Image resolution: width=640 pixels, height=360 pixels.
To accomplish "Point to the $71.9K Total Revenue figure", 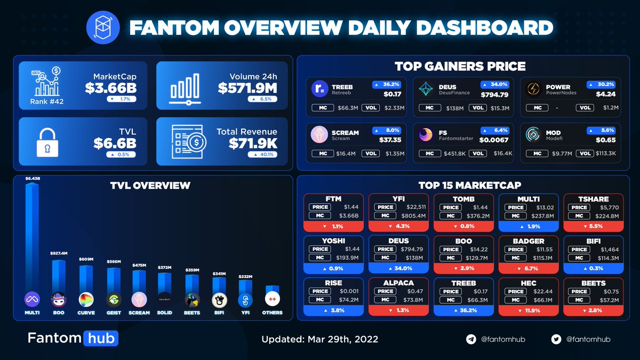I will click(x=253, y=143).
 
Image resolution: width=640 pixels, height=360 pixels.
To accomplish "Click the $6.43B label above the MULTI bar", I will click(x=33, y=179).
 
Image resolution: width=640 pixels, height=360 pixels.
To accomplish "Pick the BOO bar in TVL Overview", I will click(x=59, y=275).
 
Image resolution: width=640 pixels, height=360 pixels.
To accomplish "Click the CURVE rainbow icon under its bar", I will click(x=85, y=299).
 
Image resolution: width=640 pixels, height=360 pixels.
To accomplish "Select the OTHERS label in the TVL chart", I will click(x=272, y=313).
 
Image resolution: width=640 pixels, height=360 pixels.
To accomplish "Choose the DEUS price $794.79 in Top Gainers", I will click(x=494, y=95).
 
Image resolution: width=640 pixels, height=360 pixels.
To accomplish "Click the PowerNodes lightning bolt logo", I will click(x=533, y=89).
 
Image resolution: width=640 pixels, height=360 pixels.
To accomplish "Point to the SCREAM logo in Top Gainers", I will click(x=319, y=135).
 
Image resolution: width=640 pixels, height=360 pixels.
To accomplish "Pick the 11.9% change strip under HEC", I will click(x=528, y=310).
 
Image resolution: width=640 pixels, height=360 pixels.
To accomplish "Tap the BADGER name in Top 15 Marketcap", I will click(x=528, y=241).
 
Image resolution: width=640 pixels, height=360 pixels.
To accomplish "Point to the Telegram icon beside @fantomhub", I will click(x=471, y=339).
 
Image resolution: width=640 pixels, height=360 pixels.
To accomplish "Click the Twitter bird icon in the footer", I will click(x=556, y=339).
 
